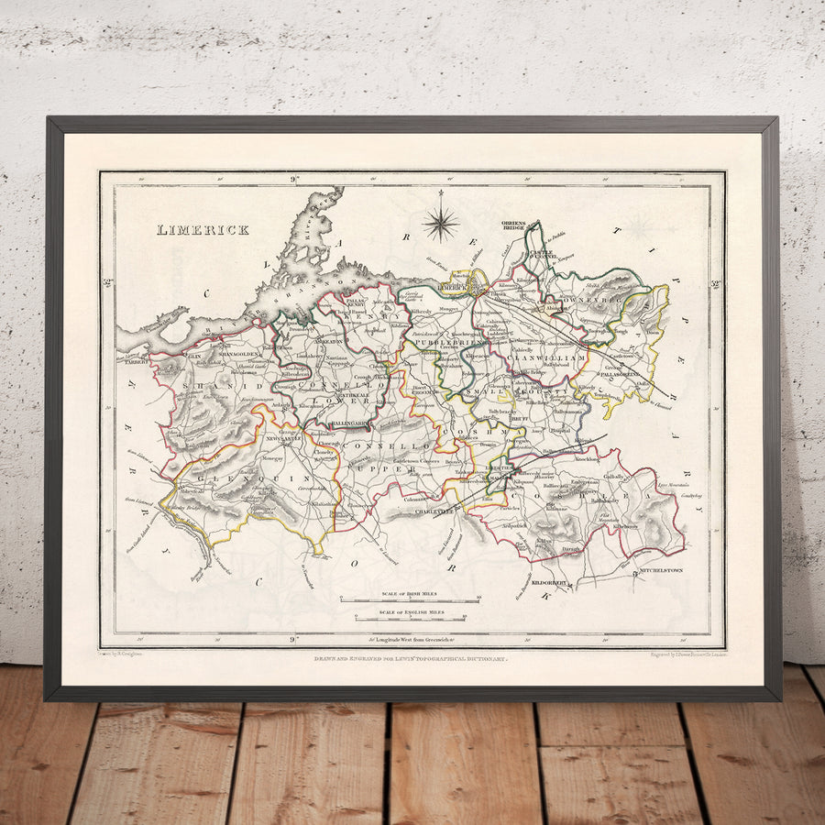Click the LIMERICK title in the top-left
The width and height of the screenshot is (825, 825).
click(203, 230)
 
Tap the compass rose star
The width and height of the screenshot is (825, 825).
click(441, 223)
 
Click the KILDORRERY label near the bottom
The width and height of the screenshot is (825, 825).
click(556, 582)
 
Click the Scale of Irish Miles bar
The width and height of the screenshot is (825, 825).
click(411, 599)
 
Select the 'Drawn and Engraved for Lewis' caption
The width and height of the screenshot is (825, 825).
click(412, 659)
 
